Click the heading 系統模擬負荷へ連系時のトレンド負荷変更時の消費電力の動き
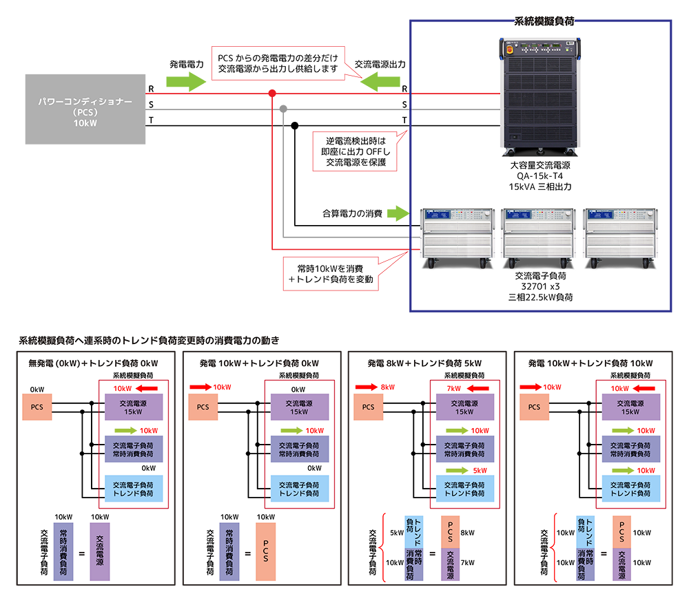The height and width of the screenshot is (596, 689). (148, 341)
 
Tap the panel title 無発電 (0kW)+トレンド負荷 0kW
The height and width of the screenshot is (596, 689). (93, 363)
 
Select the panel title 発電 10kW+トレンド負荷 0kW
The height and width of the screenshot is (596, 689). (259, 363)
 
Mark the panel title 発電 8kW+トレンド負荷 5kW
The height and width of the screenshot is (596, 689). (424, 363)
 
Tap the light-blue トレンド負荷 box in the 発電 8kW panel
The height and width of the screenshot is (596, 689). (466, 489)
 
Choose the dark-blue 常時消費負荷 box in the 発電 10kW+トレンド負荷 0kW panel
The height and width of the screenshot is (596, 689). (298, 449)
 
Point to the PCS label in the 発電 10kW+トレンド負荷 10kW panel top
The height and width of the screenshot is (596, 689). (534, 407)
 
